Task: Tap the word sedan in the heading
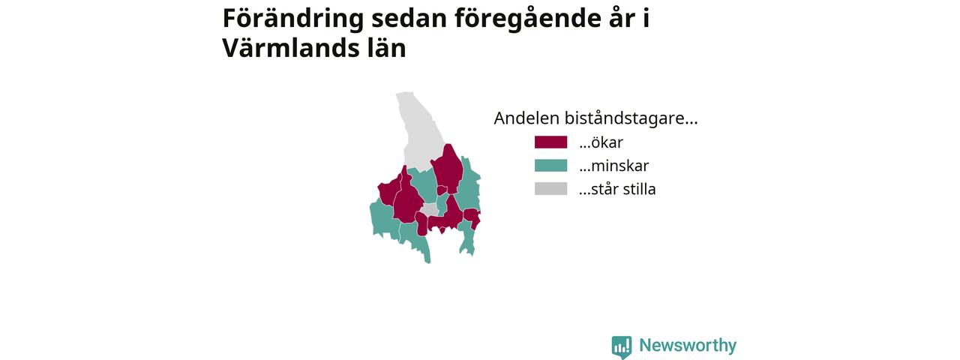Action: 409,19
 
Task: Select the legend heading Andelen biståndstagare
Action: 595,118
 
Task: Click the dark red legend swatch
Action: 550,142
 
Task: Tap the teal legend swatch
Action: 550,166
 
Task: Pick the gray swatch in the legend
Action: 550,189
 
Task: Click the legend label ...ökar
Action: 601,142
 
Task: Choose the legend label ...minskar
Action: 613,166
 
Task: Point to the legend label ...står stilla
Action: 617,189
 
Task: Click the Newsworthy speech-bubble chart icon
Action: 622,347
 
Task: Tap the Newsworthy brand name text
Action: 688,346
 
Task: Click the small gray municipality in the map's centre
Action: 430,210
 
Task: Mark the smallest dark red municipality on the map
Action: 442,190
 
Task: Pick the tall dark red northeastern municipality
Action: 448,169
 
